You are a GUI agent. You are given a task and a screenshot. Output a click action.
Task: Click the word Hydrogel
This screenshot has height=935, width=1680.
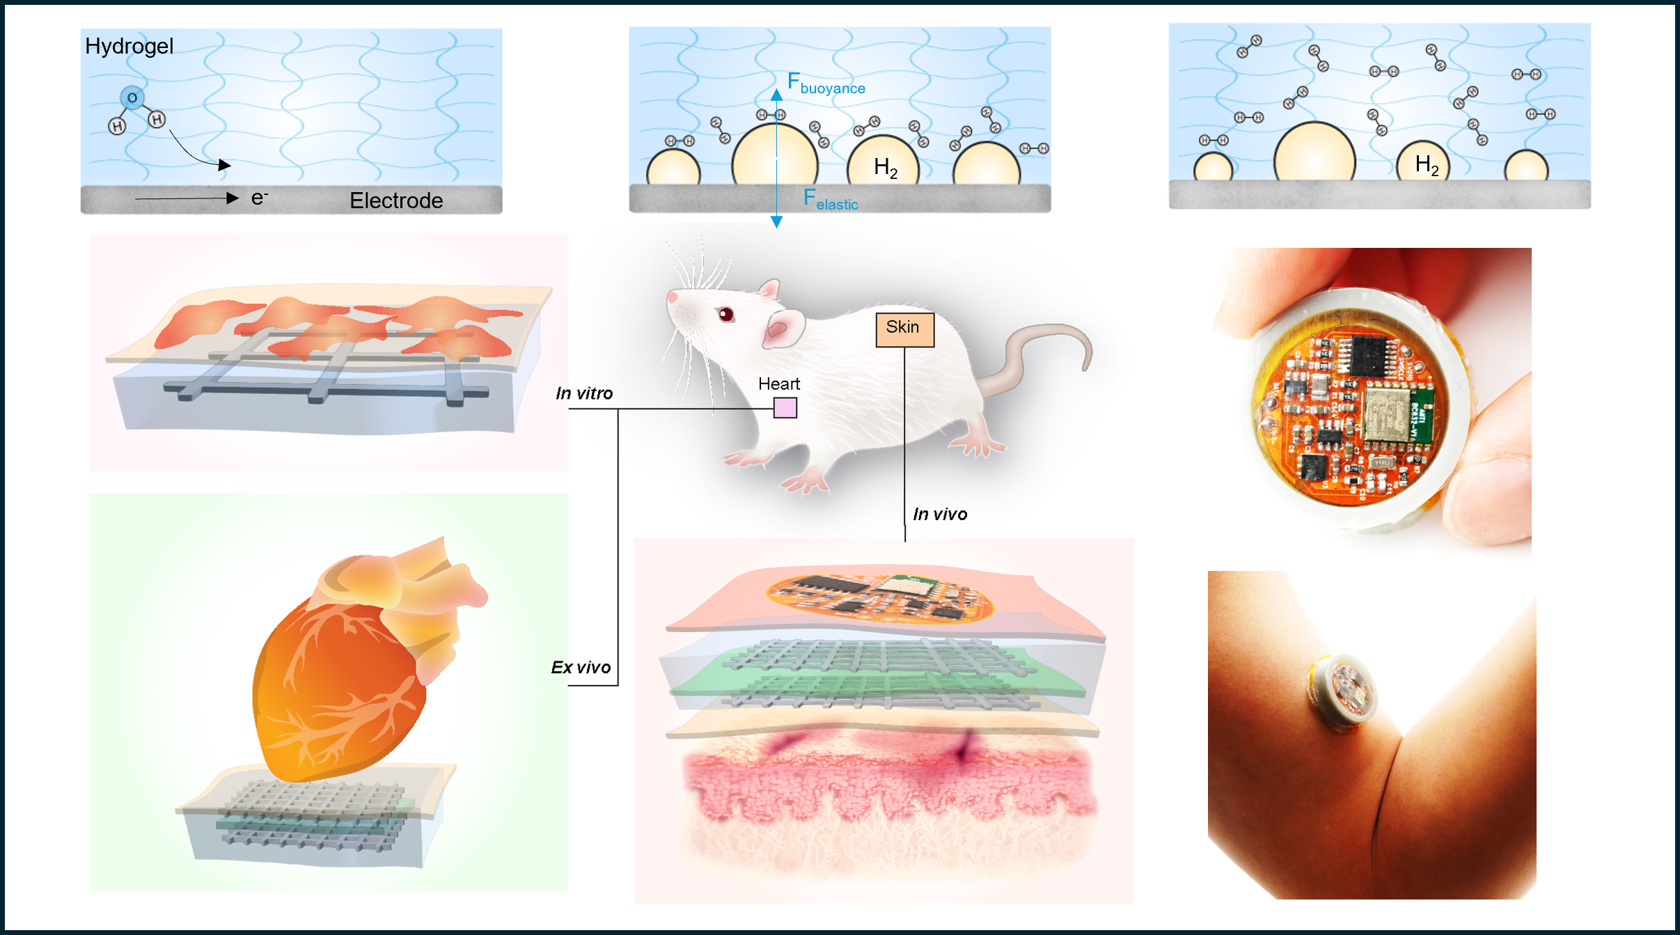(129, 47)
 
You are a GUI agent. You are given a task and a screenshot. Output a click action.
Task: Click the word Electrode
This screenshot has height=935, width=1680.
(396, 201)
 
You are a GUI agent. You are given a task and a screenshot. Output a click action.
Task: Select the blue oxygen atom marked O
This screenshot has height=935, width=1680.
(132, 98)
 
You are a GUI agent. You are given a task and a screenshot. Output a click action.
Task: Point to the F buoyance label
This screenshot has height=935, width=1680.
(826, 84)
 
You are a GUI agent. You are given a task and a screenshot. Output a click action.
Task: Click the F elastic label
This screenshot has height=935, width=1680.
(830, 200)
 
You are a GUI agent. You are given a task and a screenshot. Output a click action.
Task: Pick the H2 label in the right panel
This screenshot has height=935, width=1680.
(1427, 166)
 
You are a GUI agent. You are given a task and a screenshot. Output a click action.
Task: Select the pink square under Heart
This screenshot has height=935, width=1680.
(785, 408)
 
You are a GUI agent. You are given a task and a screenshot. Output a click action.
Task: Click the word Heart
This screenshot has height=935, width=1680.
(778, 384)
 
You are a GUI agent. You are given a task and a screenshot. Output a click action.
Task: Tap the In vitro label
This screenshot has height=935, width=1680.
(584, 393)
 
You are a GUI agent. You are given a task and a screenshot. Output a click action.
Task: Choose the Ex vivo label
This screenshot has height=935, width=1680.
(581, 668)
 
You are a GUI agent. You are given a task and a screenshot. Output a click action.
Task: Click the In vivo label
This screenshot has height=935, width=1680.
(940, 514)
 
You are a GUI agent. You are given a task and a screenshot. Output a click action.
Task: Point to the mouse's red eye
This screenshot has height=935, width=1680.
(725, 315)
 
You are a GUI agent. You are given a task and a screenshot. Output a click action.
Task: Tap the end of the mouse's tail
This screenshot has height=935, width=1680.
(1085, 366)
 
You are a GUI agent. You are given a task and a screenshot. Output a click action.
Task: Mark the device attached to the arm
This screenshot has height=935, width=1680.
(1342, 693)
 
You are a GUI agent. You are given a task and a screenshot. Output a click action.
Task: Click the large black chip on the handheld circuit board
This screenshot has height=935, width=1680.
(1368, 356)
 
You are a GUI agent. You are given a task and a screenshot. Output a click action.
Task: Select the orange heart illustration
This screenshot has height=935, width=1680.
(348, 668)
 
